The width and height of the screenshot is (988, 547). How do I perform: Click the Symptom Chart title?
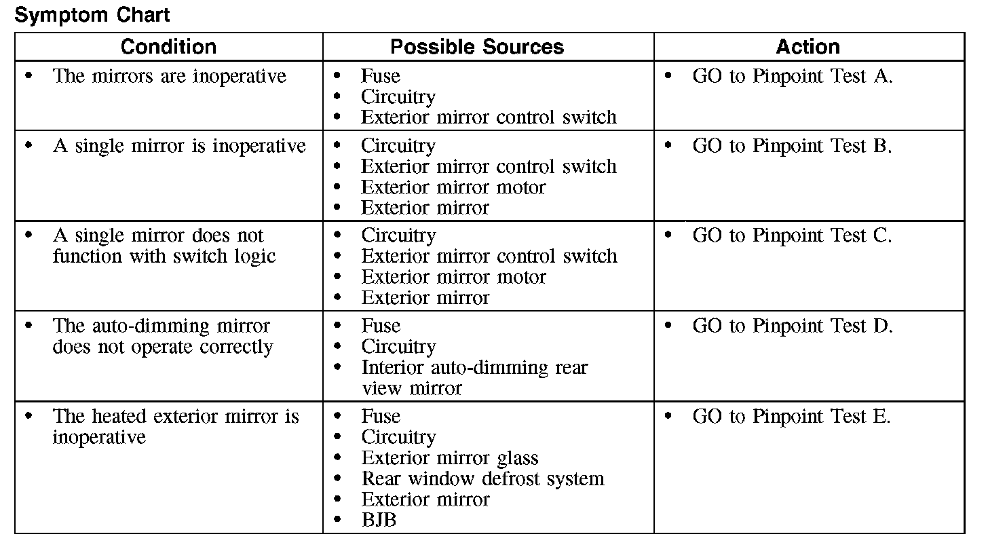tap(92, 15)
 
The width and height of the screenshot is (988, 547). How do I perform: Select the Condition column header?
tap(168, 47)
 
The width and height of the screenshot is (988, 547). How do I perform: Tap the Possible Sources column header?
tap(477, 47)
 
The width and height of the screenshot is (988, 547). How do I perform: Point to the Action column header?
tap(807, 47)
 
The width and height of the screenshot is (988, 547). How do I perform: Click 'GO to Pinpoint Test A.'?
tap(792, 76)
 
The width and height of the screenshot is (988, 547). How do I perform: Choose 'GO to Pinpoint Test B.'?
tap(792, 146)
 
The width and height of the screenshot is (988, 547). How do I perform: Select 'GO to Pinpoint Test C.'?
tap(792, 235)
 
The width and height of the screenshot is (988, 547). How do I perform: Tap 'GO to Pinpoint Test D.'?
tap(792, 326)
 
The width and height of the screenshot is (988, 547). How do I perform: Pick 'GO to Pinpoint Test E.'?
tap(791, 416)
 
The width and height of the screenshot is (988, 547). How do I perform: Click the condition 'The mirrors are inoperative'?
tap(169, 76)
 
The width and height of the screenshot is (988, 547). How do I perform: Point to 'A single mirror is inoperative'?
tap(179, 146)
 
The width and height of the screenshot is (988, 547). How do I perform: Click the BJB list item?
tap(379, 521)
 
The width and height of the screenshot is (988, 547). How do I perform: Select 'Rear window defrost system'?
tap(482, 478)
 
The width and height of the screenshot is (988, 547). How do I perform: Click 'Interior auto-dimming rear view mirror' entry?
tap(474, 377)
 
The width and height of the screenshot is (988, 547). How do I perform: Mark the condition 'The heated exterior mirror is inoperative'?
tap(175, 426)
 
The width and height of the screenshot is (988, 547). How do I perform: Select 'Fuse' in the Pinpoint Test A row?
tap(380, 76)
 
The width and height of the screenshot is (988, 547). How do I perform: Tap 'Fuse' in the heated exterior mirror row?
tap(380, 416)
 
